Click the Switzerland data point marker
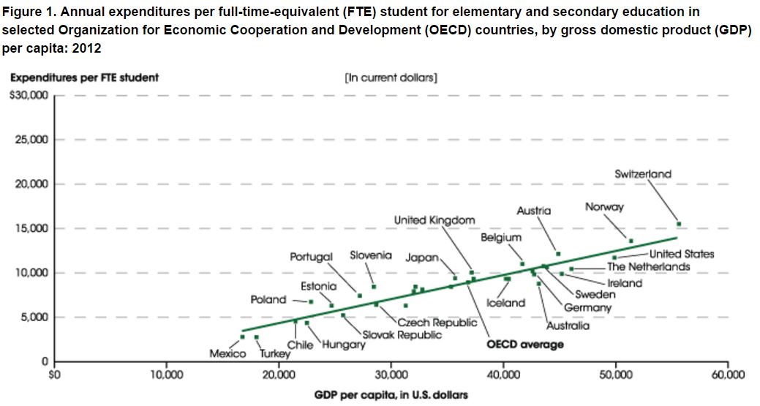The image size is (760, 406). point(679,224)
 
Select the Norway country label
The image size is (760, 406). point(604,207)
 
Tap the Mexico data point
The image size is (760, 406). point(243,337)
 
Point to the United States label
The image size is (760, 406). point(682,254)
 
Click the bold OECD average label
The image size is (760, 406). point(525,345)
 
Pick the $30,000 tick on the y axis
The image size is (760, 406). point(29,95)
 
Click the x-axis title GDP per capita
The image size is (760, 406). point(391,394)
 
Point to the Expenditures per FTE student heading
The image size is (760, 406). point(84,77)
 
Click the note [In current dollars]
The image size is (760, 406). point(391,77)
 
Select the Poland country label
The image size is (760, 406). point(268,300)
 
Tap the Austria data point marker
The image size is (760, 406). point(558,254)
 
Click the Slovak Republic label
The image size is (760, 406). point(402,334)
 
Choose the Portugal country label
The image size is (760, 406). point(311,257)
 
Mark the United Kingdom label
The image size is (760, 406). point(434,219)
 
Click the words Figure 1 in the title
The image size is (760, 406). point(28,12)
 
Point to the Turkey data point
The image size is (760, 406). point(256,337)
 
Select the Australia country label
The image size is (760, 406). point(568,326)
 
